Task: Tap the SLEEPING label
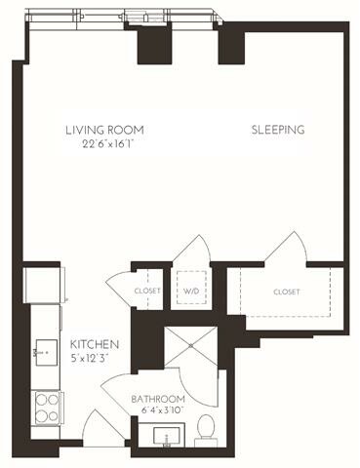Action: pyautogui.click(x=278, y=130)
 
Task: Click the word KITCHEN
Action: pyautogui.click(x=94, y=345)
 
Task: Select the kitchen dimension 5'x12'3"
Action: pyautogui.click(x=94, y=360)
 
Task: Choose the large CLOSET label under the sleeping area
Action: pyautogui.click(x=286, y=292)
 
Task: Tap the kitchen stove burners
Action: pyautogui.click(x=45, y=405)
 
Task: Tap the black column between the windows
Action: pyautogui.click(x=153, y=45)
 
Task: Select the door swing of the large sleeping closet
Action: pyautogui.click(x=287, y=249)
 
